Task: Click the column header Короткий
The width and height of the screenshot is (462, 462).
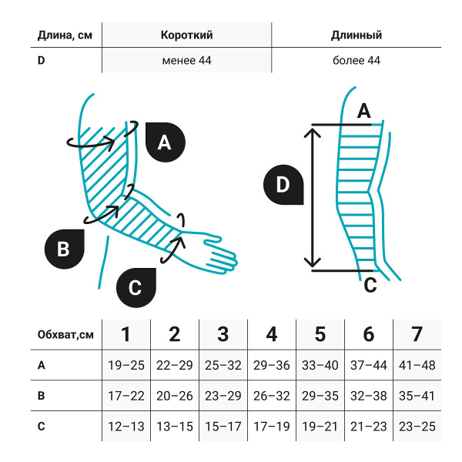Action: click(186, 35)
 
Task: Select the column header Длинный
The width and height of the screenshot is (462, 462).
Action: click(356, 35)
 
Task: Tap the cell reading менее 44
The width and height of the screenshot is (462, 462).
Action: click(186, 60)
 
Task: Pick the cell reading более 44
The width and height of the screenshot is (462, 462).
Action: click(356, 60)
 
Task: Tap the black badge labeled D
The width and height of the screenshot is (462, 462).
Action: click(283, 185)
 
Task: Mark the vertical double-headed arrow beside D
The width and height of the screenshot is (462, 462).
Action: click(312, 197)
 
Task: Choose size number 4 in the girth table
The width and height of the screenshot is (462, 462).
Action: click(271, 334)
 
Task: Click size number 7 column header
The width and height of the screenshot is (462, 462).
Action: click(417, 334)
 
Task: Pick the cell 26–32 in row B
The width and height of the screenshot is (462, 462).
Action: click(271, 396)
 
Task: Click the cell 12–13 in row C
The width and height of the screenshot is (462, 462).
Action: click(126, 426)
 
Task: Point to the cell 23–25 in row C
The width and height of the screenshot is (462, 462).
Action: click(417, 426)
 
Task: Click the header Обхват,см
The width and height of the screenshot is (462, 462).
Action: click(65, 334)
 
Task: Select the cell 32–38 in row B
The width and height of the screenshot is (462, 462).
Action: click(368, 396)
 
